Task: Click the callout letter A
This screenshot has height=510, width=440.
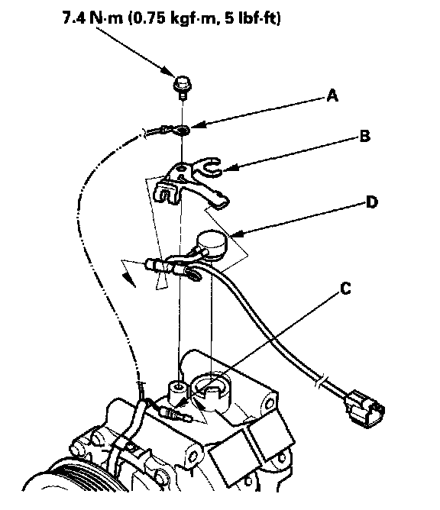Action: coord(332,96)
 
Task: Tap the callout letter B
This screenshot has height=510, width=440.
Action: coord(365,136)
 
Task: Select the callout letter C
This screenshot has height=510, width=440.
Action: coord(345,289)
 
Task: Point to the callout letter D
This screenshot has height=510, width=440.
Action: coord(372,202)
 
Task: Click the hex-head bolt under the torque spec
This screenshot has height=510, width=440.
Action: coord(183,87)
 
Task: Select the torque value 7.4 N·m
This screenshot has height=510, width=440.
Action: coord(93,18)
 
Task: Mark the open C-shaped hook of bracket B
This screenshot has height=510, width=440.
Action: coord(211,166)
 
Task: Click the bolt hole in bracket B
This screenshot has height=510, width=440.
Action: coord(181,169)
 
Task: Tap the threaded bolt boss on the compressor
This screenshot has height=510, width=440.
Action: coord(178,392)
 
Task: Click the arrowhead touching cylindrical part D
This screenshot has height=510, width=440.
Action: coord(235,234)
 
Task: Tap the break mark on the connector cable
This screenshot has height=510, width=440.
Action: coord(319,382)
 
